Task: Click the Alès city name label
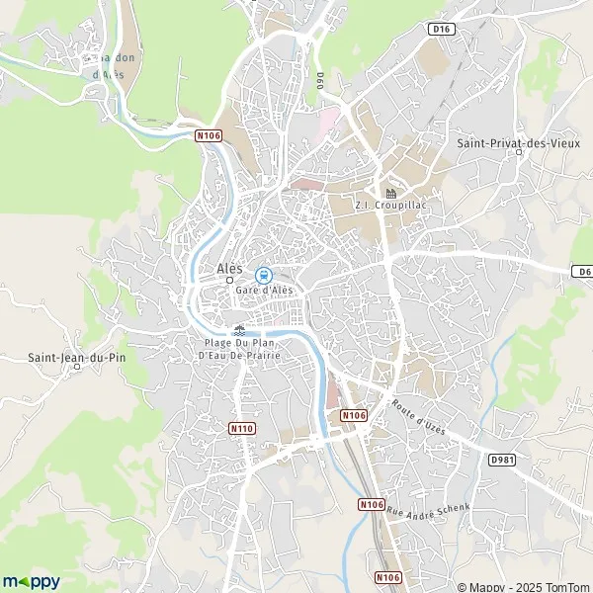pos(229,268)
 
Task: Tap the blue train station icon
pos(263,275)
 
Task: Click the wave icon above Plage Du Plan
pos(238,330)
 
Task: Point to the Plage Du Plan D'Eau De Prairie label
pos(239,348)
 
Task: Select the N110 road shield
pos(242,429)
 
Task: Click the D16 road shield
pos(440,30)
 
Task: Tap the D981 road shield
pos(503,460)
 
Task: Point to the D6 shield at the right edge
pos(581,271)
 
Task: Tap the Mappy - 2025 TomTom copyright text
pos(530,583)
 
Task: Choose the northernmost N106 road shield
pos(207,135)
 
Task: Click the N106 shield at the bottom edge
pos(388,576)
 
